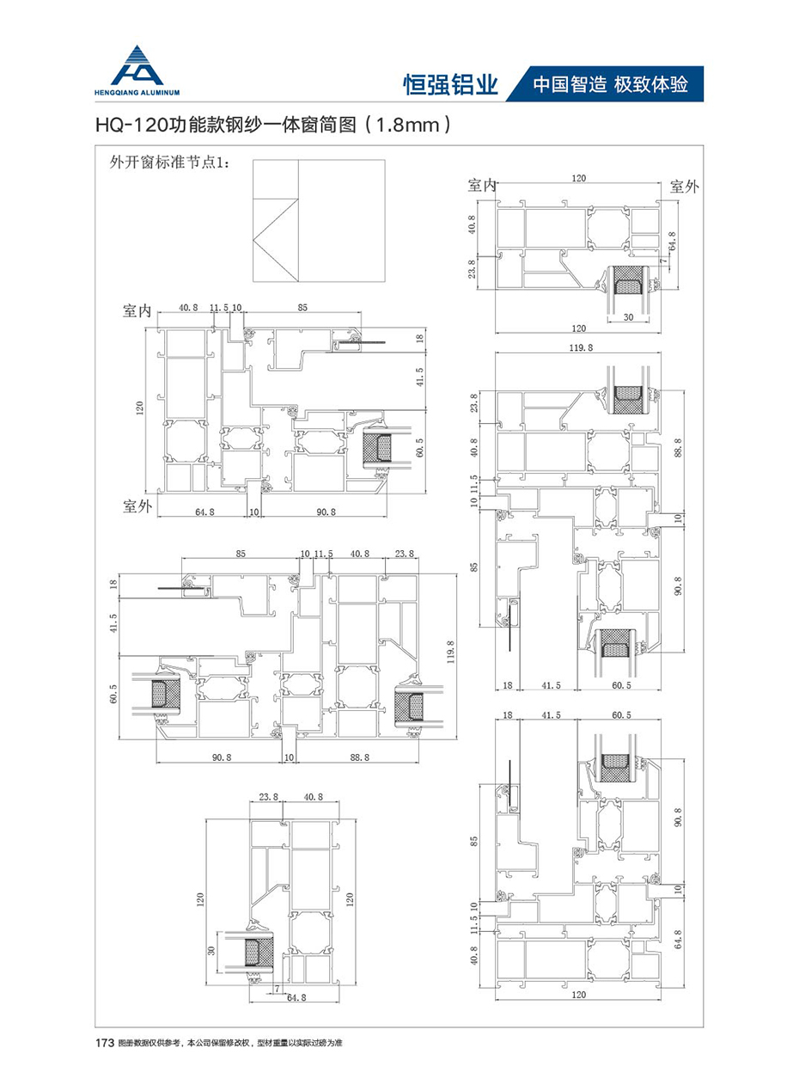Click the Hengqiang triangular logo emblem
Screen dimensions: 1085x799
point(140,63)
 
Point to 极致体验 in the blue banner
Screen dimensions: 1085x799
point(652,84)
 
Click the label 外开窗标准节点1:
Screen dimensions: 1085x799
point(166,162)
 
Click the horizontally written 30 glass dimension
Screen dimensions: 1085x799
point(628,317)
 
